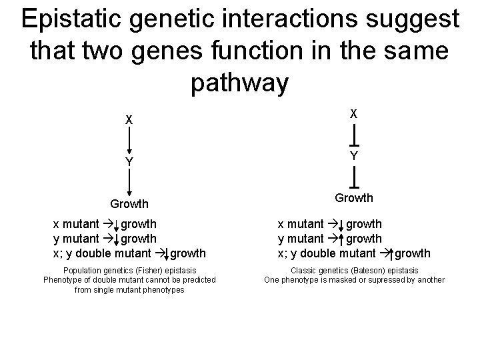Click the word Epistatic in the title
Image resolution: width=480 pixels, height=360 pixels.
point(71,20)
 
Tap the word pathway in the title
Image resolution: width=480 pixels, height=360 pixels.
point(240,83)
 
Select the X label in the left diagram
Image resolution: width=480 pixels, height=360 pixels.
point(129,121)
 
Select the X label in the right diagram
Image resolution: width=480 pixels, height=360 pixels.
point(354,114)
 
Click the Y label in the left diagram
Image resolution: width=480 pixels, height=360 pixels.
point(129,162)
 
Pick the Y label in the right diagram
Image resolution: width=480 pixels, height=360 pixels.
point(354,155)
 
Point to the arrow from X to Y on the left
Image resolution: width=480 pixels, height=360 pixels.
point(129,141)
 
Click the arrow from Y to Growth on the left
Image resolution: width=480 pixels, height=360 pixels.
point(129,183)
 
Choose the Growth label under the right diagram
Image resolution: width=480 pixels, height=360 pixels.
point(354,197)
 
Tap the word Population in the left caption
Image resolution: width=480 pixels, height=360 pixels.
point(81,271)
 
